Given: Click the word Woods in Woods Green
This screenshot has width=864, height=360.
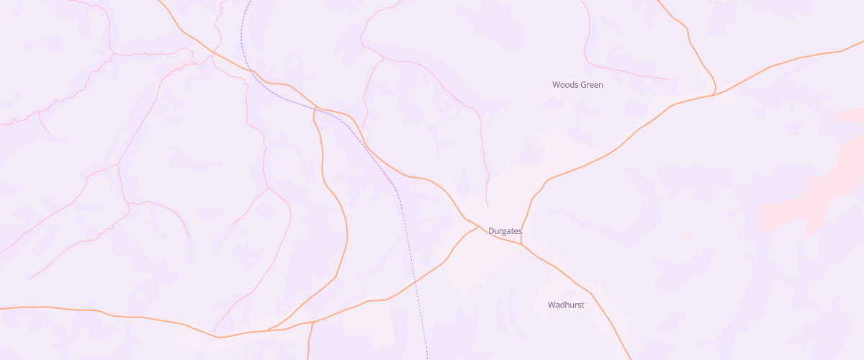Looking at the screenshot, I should point(564,85).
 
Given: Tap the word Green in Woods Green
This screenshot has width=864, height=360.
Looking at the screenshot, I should point(591,85).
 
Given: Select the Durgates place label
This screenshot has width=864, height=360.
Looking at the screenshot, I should point(505,231).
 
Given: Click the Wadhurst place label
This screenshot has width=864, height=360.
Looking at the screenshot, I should point(566,305).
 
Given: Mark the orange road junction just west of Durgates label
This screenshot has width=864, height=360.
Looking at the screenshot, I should point(478,227).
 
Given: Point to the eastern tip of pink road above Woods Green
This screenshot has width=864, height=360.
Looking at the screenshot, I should point(670,78).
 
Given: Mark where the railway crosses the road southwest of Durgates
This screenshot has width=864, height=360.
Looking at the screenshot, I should point(416,282).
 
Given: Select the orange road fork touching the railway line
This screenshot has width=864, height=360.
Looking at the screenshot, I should point(317,109).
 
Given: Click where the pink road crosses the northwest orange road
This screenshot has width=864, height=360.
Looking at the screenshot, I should point(214,52).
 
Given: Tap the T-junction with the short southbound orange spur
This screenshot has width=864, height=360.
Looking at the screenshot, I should point(312,322).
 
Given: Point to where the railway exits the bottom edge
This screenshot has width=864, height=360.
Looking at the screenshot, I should point(427,358).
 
